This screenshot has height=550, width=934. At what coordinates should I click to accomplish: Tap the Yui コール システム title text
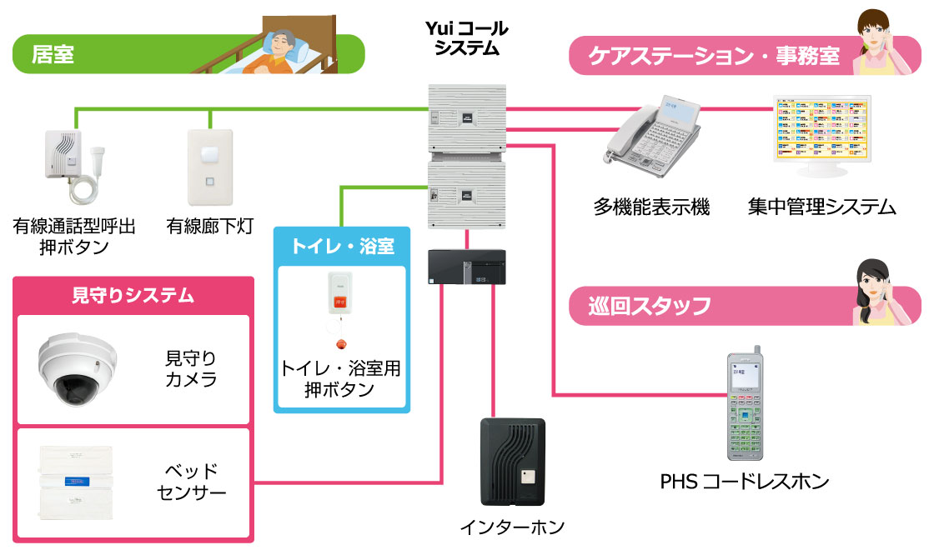pyautogui.click(x=466, y=38)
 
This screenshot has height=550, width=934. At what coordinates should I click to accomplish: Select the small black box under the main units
pyautogui.click(x=467, y=267)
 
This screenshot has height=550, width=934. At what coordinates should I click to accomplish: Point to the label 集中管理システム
pyautogui.click(x=821, y=206)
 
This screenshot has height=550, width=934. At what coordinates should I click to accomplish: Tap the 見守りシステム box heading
pyautogui.click(x=133, y=294)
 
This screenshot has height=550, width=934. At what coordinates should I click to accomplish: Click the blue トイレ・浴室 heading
pyautogui.click(x=342, y=246)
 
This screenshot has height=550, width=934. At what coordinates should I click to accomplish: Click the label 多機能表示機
pyautogui.click(x=651, y=206)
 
